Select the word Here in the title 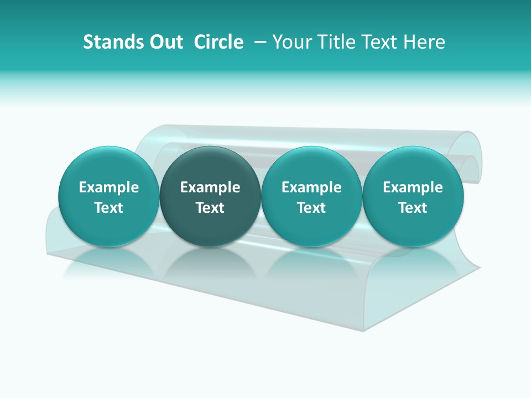click(x=426, y=42)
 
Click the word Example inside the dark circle click(x=210, y=187)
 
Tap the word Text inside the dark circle click(x=210, y=208)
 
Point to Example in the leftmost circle click(x=108, y=187)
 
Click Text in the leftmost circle click(x=108, y=208)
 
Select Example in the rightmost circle click(x=413, y=187)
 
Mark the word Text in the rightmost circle click(x=413, y=208)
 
